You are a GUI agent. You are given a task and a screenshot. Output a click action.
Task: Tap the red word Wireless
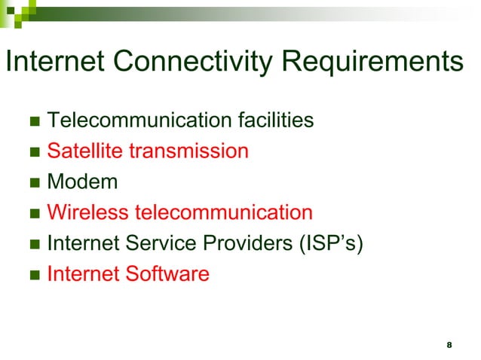tap(87, 212)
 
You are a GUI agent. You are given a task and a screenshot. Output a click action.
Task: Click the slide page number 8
tap(449, 345)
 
